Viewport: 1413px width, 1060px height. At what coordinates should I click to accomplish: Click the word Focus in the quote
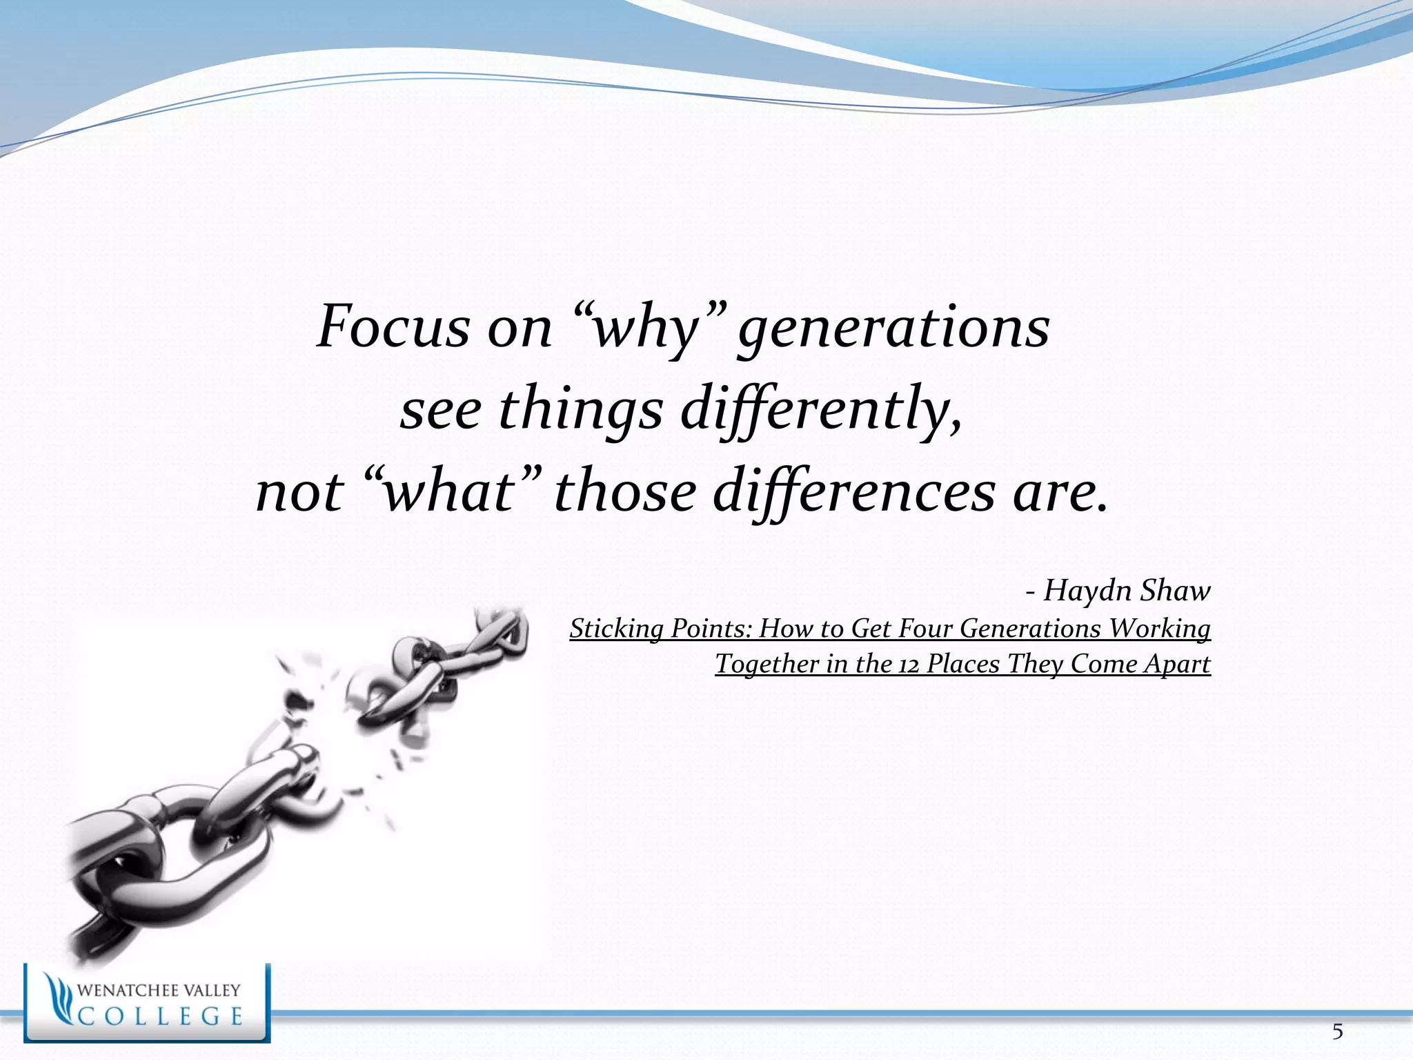[393, 327]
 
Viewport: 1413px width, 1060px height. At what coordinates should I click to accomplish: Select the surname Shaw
[1175, 591]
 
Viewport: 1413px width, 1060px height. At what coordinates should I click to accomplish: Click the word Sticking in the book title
[616, 629]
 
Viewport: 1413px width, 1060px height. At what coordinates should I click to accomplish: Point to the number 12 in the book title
[909, 665]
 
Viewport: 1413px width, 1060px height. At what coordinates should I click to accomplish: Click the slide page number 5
[1337, 1032]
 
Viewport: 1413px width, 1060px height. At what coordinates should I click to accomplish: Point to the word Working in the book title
[1159, 629]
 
